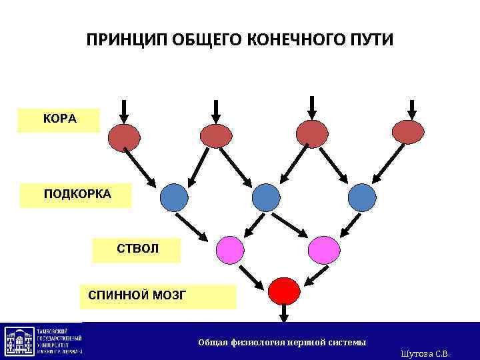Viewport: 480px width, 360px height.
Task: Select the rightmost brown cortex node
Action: [409, 132]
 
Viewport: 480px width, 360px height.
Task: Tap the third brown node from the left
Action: [312, 133]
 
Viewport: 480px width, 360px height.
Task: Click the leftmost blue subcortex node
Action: [174, 197]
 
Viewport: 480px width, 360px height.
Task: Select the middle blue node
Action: [266, 197]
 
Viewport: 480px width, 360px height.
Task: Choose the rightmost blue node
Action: [362, 197]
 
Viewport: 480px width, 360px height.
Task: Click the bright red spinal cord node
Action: [284, 291]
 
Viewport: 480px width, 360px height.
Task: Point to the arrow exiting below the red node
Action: [284, 313]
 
